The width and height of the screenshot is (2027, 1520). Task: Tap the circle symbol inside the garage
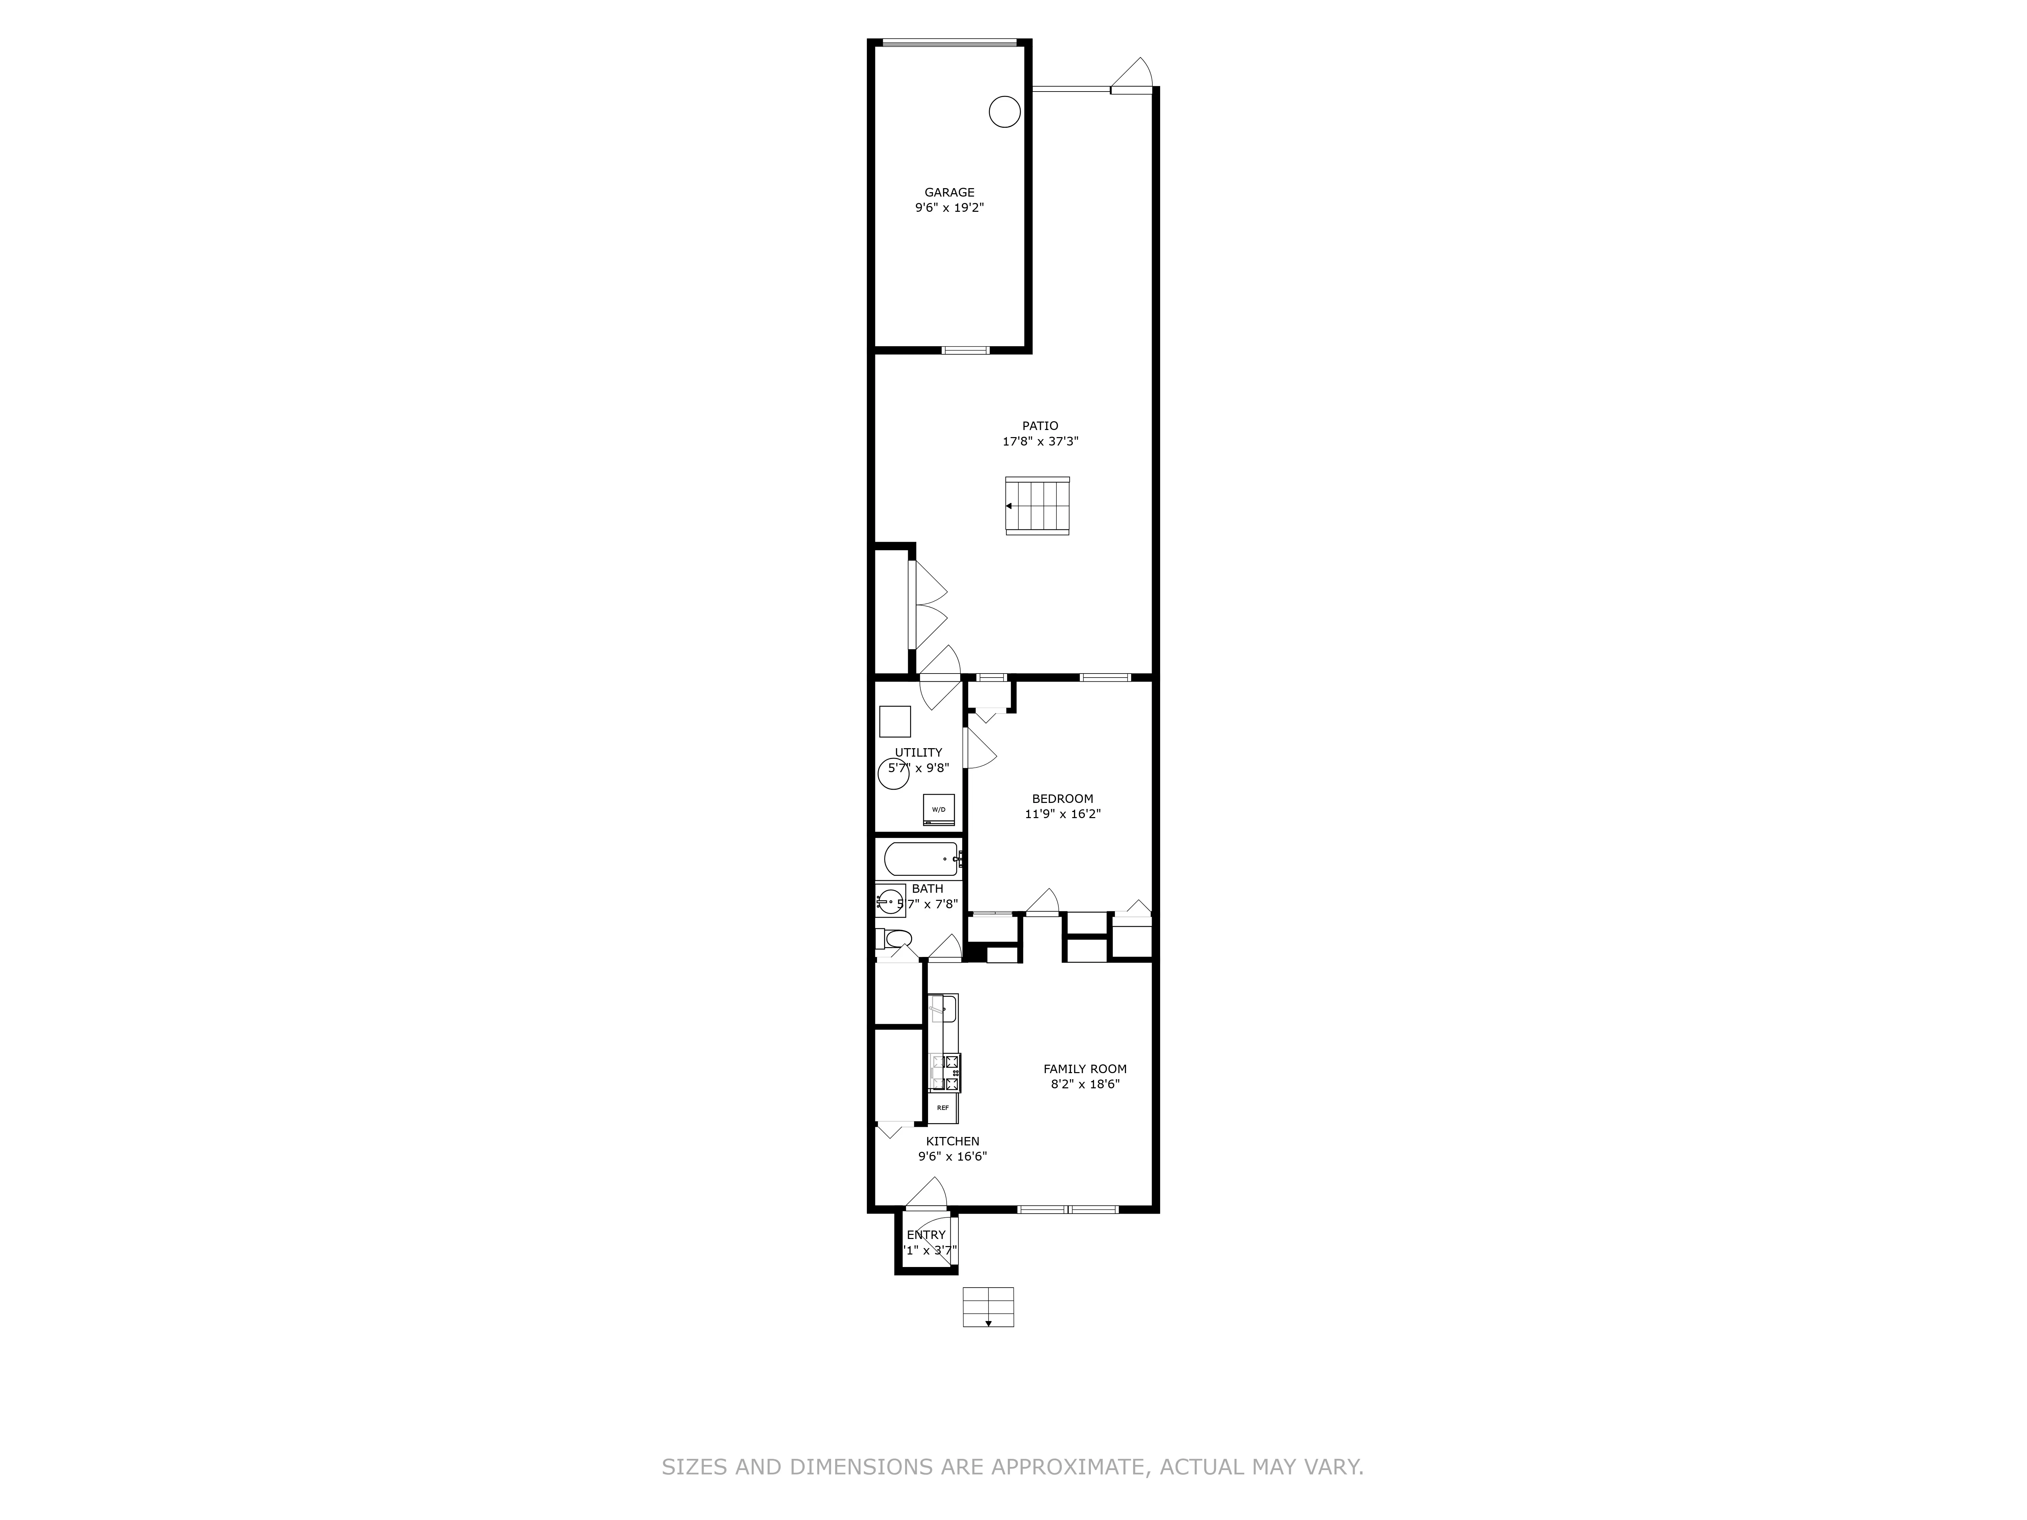point(1004,112)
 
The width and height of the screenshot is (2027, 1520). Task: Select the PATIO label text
point(1040,425)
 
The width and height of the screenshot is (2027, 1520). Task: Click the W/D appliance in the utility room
point(939,809)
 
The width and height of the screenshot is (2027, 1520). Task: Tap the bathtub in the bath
point(921,859)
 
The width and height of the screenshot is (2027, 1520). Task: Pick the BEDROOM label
point(1062,798)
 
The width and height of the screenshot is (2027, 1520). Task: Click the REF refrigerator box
point(943,1108)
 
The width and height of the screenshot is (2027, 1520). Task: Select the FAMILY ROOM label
point(1085,1068)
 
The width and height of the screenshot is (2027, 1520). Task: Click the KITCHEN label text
point(952,1141)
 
